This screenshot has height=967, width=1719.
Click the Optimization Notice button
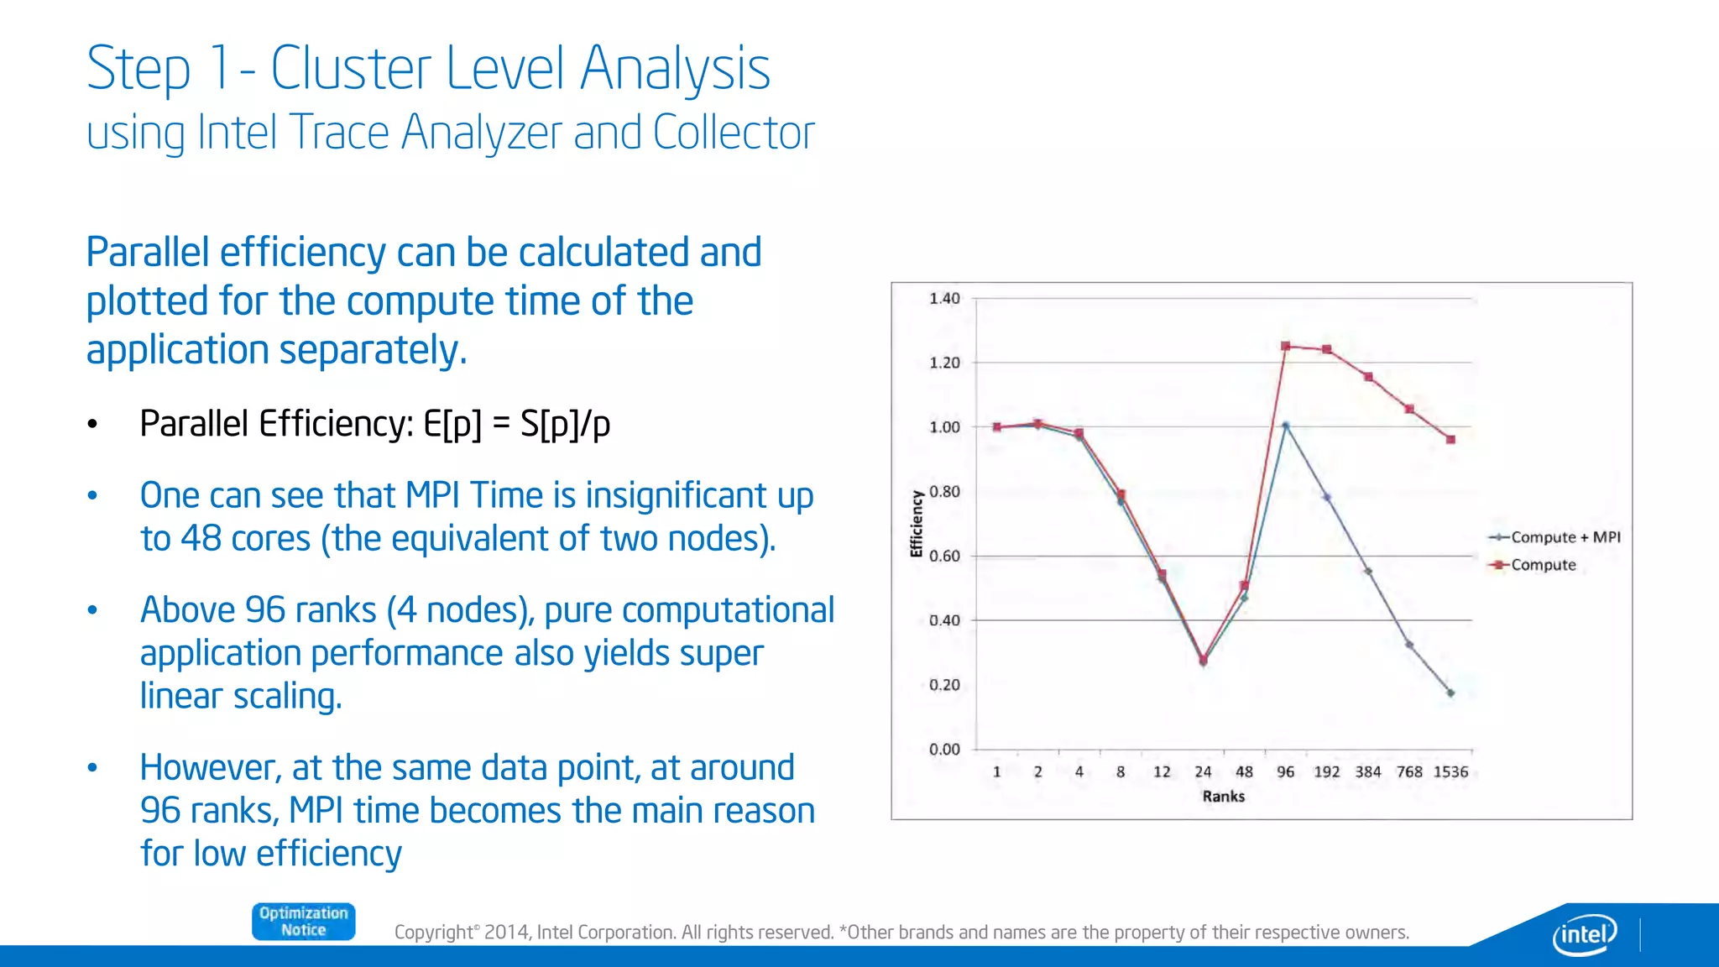pyautogui.click(x=303, y=922)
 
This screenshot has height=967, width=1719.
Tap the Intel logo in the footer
pyautogui.click(x=1584, y=933)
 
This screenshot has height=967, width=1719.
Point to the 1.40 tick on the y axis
pyautogui.click(x=944, y=299)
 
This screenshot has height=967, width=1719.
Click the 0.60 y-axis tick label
pyautogui.click(x=944, y=557)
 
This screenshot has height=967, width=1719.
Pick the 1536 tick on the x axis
pyautogui.click(x=1450, y=772)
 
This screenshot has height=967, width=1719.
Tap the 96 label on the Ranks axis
pyautogui.click(x=1285, y=772)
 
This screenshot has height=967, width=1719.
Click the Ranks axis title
pyautogui.click(x=1223, y=797)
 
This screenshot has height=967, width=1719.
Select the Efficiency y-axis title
pyautogui.click(x=917, y=524)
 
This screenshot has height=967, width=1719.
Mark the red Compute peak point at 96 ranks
pyautogui.click(x=1285, y=346)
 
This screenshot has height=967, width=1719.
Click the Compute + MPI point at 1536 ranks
pyautogui.click(x=1450, y=693)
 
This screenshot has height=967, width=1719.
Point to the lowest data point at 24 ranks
pyautogui.click(x=1203, y=661)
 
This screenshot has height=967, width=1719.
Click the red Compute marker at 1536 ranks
pyautogui.click(x=1450, y=439)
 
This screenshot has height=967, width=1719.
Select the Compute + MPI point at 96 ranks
pyautogui.click(x=1285, y=426)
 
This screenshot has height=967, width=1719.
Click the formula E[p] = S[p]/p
pyautogui.click(x=516, y=424)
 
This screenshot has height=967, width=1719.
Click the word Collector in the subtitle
pyautogui.click(x=733, y=133)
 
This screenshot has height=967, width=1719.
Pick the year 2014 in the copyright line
pyautogui.click(x=506, y=933)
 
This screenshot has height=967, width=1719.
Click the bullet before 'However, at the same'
pyautogui.click(x=93, y=768)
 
